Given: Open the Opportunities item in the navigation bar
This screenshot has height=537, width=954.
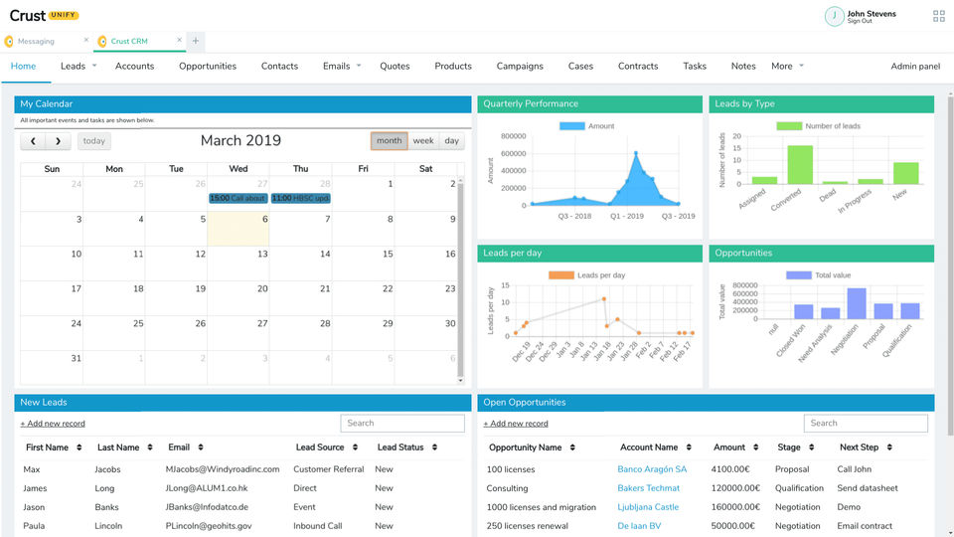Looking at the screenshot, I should pos(208,67).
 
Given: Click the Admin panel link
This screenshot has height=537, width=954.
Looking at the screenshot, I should pos(915,67).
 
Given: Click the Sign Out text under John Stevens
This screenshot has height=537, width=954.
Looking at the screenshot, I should pos(860,21).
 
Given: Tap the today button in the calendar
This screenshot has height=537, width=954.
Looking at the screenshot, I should pos(94,141).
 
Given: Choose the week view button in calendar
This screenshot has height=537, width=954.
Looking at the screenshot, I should pos(423,141).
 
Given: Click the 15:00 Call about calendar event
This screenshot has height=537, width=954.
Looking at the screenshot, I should pos(238,198).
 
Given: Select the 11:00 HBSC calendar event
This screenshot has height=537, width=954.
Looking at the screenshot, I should pos(300,198).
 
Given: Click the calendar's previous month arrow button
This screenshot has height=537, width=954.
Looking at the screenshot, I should pos(34,141).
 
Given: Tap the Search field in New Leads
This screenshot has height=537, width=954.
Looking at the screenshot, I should pos(402,423).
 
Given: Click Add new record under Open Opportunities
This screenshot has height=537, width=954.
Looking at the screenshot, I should pos(516,424).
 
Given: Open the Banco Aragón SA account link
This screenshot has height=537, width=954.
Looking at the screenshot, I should pos(652,469).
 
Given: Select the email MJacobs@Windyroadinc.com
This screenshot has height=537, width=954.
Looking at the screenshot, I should pos(223,469).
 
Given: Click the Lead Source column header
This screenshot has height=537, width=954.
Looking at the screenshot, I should pos(320,447).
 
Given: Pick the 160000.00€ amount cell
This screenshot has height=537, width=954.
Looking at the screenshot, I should pos(736,507).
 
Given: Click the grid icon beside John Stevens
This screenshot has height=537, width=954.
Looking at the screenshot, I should pos(939,16).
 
